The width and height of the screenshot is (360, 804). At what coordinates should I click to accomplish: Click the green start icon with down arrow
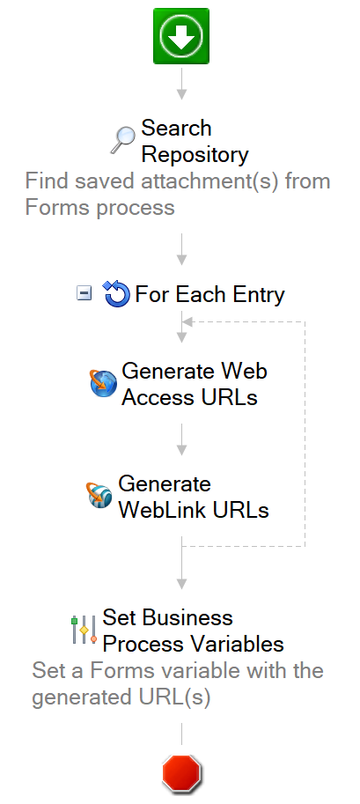click(x=181, y=36)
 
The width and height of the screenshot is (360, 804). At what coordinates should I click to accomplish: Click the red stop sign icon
click(x=181, y=771)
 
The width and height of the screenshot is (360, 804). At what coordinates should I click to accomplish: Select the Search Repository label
click(x=195, y=141)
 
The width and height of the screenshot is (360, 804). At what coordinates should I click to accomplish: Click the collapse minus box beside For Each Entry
click(x=84, y=293)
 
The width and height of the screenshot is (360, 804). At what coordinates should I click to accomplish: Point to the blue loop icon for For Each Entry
click(x=116, y=294)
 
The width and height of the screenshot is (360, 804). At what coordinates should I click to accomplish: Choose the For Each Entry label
click(x=209, y=294)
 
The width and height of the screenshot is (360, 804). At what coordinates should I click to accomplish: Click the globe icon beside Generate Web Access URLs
click(x=104, y=384)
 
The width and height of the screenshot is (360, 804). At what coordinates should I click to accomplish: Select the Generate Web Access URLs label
click(x=195, y=384)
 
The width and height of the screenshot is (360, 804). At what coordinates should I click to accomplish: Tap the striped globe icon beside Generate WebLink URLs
click(x=99, y=495)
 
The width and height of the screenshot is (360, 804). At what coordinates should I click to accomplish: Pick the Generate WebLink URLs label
click(x=194, y=497)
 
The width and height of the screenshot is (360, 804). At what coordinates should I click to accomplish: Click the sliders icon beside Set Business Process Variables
click(x=84, y=630)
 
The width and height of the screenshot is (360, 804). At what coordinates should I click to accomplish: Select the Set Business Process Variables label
click(x=194, y=631)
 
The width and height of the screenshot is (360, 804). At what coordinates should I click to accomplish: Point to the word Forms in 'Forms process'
click(x=57, y=208)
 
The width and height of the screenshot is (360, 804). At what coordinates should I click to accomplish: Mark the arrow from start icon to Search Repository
click(x=181, y=84)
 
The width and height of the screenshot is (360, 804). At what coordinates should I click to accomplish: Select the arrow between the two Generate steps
click(x=181, y=439)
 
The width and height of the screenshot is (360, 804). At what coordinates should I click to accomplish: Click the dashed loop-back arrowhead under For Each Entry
click(x=187, y=322)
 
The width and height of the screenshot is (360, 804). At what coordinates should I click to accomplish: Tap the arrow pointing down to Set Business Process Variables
click(x=181, y=563)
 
